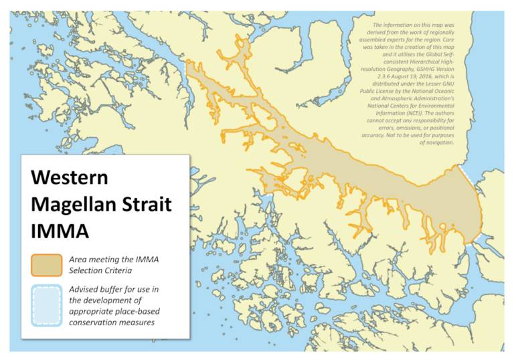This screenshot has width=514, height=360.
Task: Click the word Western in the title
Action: point(70,179)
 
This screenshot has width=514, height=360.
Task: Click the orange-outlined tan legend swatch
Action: point(47,264)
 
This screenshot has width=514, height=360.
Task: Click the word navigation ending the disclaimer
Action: point(438,142)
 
